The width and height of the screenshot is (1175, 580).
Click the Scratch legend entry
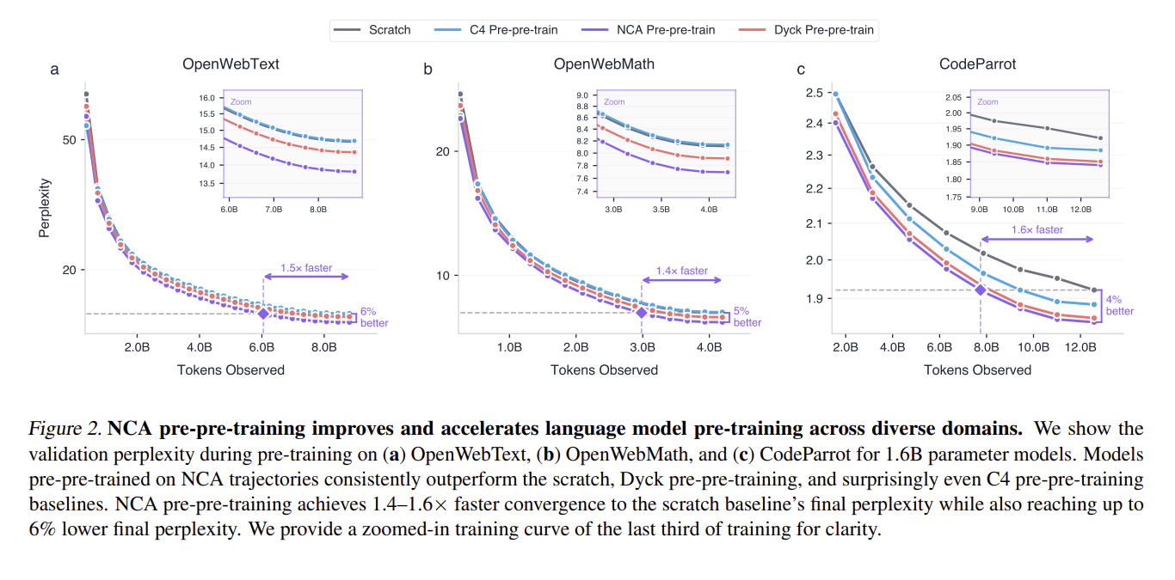(372, 30)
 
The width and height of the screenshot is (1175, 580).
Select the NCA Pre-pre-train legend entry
(648, 30)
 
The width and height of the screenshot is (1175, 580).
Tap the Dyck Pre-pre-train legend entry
(806, 30)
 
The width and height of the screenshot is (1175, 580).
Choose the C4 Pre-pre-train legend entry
(495, 30)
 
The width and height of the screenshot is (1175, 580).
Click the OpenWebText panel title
(231, 64)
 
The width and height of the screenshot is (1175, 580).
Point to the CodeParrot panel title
(977, 64)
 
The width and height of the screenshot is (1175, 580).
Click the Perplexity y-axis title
(45, 208)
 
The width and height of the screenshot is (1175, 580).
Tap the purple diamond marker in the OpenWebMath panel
(641, 313)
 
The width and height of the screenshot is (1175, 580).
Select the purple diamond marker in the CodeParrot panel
(981, 290)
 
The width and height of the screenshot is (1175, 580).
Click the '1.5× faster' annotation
(306, 268)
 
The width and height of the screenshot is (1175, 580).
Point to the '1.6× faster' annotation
(1037, 229)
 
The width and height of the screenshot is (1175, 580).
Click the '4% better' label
(1119, 305)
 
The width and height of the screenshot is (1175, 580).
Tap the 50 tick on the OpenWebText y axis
(69, 140)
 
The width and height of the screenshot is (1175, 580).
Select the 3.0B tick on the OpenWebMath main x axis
(642, 347)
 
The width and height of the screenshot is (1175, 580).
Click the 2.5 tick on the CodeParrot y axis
(815, 93)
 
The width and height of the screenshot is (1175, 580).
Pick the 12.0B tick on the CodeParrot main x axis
(1080, 347)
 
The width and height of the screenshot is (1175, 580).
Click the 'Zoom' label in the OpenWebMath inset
(614, 101)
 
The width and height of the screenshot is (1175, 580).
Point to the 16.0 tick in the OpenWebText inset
(207, 98)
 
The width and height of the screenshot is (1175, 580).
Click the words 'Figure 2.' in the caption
(65, 429)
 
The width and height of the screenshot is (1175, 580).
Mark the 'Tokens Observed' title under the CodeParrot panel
(977, 369)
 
